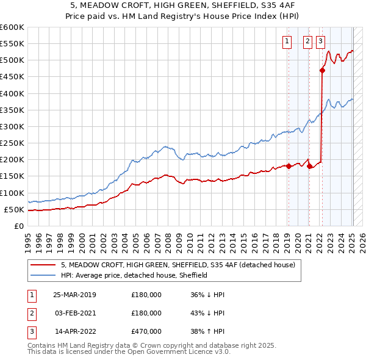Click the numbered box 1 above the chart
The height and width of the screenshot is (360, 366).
tap(287, 41)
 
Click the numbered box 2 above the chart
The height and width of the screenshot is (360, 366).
tap(307, 41)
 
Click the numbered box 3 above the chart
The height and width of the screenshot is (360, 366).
tap(320, 41)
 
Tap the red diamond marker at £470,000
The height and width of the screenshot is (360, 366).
tap(322, 70)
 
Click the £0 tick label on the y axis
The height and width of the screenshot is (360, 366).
tap(18, 226)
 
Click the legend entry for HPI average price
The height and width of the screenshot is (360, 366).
tap(134, 275)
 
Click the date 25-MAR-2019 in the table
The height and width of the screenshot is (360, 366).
tap(74, 294)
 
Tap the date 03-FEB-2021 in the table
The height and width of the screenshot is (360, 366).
tap(74, 313)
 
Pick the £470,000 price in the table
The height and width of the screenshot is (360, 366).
tap(146, 332)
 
